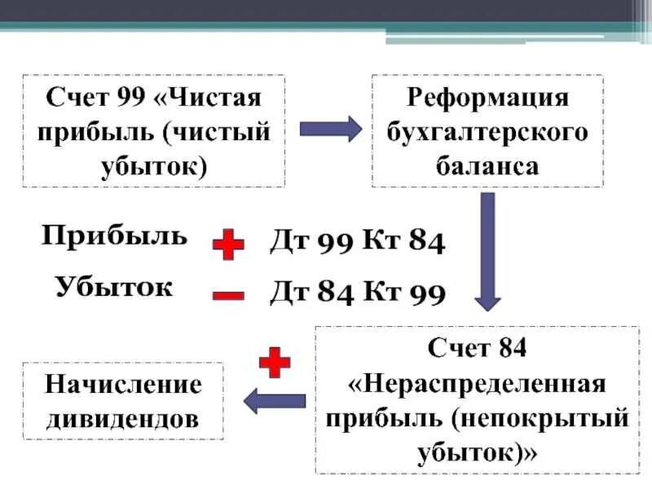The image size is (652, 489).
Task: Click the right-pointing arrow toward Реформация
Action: pos(330,129)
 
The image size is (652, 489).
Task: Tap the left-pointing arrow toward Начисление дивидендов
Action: pos(275,400)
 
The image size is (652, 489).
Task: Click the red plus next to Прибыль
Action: pos(228,244)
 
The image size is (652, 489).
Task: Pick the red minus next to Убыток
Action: pos(228,294)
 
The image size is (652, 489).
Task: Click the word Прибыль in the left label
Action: pos(114,237)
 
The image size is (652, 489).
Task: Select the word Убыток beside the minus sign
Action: pos(114,287)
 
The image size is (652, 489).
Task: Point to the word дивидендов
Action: pos(123,419)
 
